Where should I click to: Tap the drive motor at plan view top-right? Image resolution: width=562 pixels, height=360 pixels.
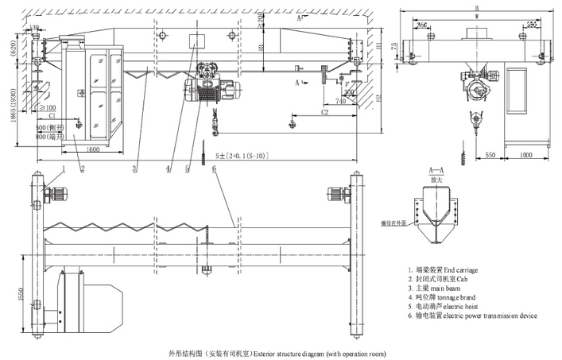point(342,194)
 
